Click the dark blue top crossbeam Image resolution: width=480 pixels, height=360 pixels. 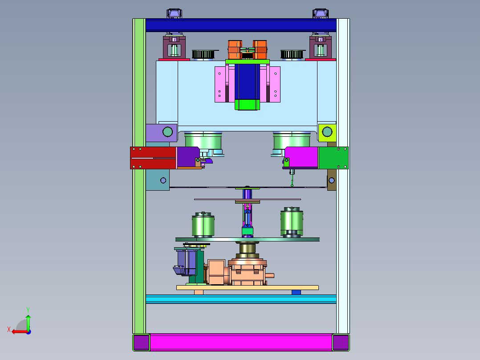pyautogui.click(x=241, y=25)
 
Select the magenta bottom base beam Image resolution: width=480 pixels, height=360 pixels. pyautogui.click(x=241, y=342)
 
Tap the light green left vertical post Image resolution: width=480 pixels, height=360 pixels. pyautogui.click(x=139, y=176)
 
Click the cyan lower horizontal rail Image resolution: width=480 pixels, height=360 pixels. pyautogui.click(x=241, y=299)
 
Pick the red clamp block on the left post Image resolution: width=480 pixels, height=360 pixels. pyautogui.click(x=153, y=158)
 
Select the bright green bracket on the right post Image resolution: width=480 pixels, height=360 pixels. pyautogui.click(x=334, y=158)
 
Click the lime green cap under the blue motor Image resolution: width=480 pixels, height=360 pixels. pyautogui.click(x=248, y=104)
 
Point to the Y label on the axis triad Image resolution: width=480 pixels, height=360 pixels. pyautogui.click(x=28, y=310)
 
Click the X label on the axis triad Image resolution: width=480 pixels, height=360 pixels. pyautogui.click(x=9, y=329)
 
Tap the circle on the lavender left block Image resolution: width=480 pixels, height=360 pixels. pyautogui.click(x=167, y=132)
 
